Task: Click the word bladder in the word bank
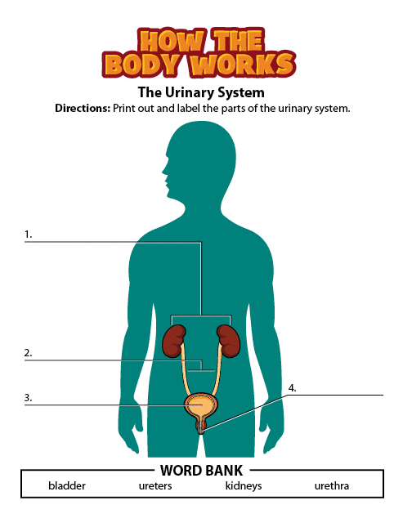67,485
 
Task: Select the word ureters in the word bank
155,486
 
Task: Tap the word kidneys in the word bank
244,486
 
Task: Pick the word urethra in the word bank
332,486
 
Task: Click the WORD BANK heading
201,471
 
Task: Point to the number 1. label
29,235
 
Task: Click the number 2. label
29,353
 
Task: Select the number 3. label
29,398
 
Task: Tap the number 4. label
293,388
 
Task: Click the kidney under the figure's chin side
173,341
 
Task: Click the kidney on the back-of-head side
229,341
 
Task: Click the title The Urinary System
201,92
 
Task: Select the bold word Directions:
83,108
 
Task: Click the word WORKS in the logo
243,64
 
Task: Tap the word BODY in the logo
146,64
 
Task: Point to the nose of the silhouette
163,172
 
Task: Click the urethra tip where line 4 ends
201,432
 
